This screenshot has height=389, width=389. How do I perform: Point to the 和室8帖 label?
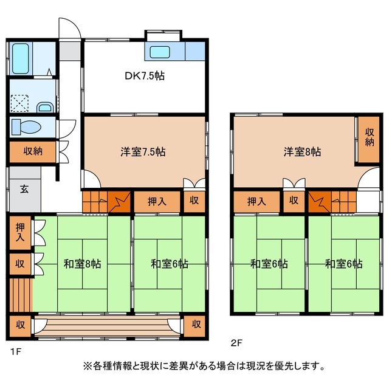[x=82, y=264]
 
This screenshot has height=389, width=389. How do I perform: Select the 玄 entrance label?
[x=23, y=188]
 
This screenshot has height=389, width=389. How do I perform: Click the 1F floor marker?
[x=13, y=351]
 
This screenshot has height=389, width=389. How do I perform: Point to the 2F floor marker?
[x=237, y=343]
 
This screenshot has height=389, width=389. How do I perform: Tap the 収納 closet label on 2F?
[x=369, y=137]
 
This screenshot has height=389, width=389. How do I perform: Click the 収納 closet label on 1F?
[x=33, y=151]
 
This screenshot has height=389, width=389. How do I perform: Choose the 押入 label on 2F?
[x=256, y=201]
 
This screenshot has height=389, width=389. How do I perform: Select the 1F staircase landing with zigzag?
[x=119, y=201]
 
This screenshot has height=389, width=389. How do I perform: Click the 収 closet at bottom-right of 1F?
[x=196, y=324]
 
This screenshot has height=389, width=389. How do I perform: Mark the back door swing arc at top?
[x=69, y=29]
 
